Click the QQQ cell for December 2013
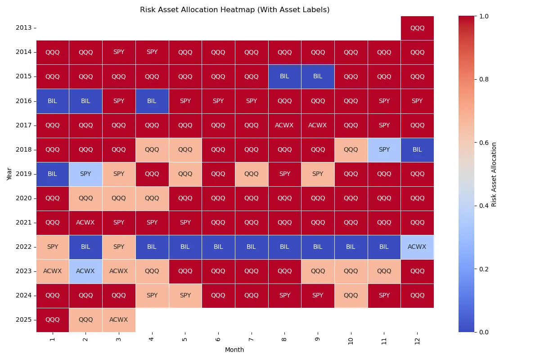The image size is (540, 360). point(417,28)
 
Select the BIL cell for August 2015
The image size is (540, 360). point(284,76)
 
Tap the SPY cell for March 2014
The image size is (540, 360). point(119,52)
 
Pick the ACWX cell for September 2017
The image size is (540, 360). point(318,125)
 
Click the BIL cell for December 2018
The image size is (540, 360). point(417,149)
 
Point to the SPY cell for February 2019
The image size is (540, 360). point(85,174)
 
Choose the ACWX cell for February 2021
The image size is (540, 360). point(85,222)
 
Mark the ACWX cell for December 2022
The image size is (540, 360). point(417,247)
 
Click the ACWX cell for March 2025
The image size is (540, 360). point(119,319)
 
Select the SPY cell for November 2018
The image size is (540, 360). point(384,149)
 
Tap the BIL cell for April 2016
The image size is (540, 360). point(152,101)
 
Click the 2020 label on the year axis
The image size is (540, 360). point(23,198)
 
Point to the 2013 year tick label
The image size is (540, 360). point(23,28)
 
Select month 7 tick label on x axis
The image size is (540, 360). point(251,339)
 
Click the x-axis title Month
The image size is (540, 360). point(234,350)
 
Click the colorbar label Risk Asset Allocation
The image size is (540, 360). point(494,174)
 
